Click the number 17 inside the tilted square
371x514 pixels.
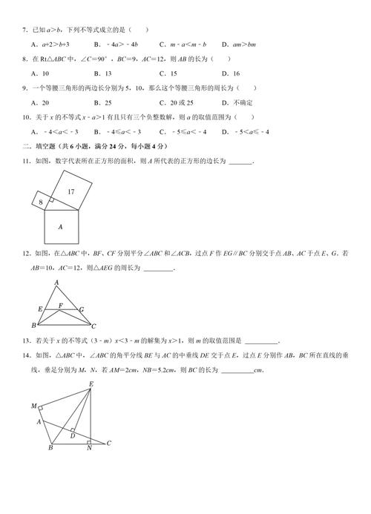[x=70, y=192]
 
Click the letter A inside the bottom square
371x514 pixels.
[x=60, y=226]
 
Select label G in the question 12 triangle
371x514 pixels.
[x=82, y=309]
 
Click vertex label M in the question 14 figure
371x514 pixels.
[x=33, y=406]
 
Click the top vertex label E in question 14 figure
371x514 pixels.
[x=91, y=383]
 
